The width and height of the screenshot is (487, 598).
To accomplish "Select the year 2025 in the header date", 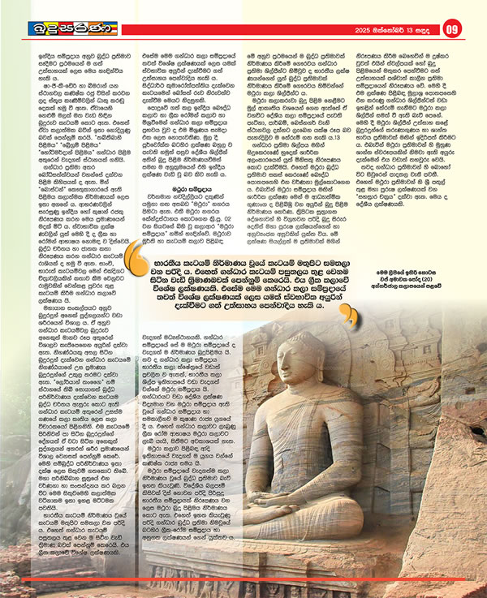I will coord(367,32).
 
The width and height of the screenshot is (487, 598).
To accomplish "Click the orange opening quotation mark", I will coord(141,262).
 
